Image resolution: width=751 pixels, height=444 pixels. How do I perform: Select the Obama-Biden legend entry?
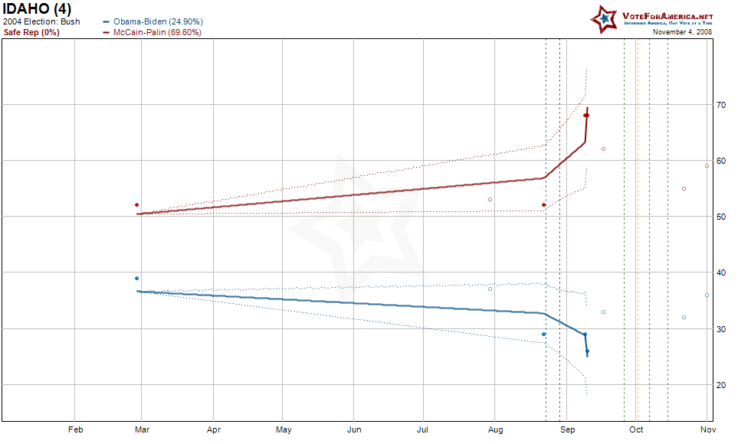(x=158, y=21)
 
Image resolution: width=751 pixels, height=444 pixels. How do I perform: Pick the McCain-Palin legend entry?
(x=157, y=32)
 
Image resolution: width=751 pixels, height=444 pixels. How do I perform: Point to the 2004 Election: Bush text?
(x=41, y=21)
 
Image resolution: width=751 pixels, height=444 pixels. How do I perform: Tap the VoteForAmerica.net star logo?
(x=604, y=18)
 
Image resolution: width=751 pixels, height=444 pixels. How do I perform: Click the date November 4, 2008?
(x=682, y=32)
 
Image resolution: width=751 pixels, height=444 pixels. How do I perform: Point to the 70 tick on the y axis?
(x=721, y=105)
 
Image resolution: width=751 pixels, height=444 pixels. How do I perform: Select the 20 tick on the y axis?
(x=721, y=385)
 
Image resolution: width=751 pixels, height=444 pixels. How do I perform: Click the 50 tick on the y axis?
(x=721, y=217)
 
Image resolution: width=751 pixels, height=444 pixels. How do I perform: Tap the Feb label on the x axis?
(x=75, y=430)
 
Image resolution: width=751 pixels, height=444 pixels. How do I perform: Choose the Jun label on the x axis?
(x=354, y=430)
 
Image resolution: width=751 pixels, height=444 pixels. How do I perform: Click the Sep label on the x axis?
(x=567, y=430)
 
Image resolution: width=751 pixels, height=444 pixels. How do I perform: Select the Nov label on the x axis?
(x=707, y=430)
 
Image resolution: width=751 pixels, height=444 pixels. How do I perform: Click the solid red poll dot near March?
(x=136, y=205)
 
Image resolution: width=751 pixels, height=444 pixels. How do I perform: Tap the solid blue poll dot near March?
(x=136, y=279)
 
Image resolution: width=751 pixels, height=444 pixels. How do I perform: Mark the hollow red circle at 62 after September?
(x=603, y=149)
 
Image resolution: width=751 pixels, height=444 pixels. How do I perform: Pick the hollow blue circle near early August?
(x=490, y=289)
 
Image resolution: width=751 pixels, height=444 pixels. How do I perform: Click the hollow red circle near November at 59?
(x=707, y=165)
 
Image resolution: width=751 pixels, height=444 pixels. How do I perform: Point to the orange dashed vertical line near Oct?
(x=636, y=230)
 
